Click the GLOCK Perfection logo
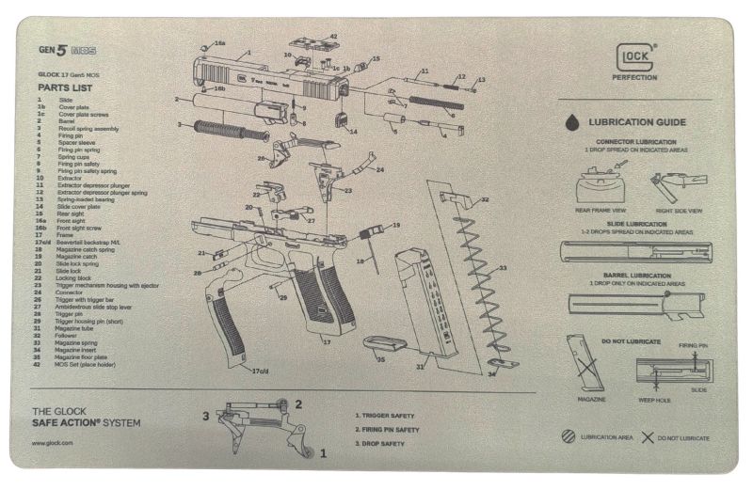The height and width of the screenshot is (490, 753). [x=636, y=64]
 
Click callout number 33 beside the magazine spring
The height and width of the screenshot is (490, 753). [x=503, y=268]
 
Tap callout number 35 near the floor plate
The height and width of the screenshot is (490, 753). [x=380, y=359]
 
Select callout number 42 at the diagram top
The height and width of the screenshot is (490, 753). [x=332, y=37]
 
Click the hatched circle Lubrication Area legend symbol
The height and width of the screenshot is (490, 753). [x=568, y=437]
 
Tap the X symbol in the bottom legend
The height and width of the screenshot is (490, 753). [x=647, y=437]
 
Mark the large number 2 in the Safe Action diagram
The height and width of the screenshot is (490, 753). [x=298, y=404]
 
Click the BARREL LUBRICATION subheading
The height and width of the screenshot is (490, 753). [x=637, y=277]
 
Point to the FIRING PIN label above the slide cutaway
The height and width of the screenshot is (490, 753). [x=693, y=345]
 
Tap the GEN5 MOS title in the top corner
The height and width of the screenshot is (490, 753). [x=67, y=50]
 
